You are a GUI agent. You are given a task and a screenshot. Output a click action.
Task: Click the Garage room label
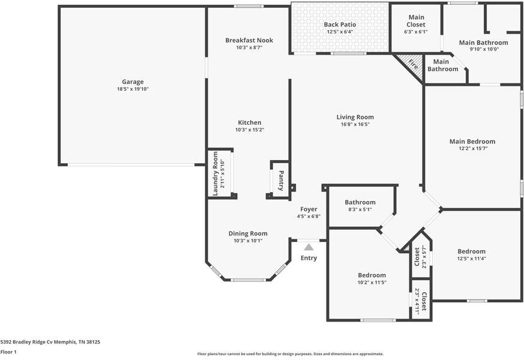pyautogui.click(x=133, y=82)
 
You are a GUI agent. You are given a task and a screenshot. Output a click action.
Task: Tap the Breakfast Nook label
pyautogui.click(x=249, y=40)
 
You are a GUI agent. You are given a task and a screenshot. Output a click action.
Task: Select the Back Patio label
pyautogui.click(x=340, y=25)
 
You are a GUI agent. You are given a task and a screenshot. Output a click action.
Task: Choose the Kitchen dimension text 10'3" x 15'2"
pyautogui.click(x=249, y=130)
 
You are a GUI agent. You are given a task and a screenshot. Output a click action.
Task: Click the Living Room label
pyautogui.click(x=355, y=117)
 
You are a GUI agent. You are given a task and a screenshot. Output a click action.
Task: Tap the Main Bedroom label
pyautogui.click(x=472, y=142)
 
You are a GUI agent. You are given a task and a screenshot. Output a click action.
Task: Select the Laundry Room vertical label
pyautogui.click(x=215, y=173)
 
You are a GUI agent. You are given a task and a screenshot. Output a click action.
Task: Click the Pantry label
pyautogui.click(x=280, y=178)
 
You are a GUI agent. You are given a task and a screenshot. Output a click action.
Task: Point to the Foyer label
pyautogui.click(x=309, y=209)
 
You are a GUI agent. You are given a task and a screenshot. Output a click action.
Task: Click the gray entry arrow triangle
pyautogui.click(x=309, y=246)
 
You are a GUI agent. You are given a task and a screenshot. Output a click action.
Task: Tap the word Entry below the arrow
pyautogui.click(x=309, y=258)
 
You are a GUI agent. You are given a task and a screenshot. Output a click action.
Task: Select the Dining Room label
pyautogui.click(x=248, y=233)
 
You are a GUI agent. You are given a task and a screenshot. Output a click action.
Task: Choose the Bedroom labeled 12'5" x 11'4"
pyautogui.click(x=471, y=251)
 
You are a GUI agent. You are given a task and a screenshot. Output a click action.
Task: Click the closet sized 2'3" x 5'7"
pyautogui.click(x=417, y=257)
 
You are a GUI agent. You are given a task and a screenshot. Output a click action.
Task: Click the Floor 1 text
pyautogui.click(x=8, y=352)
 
